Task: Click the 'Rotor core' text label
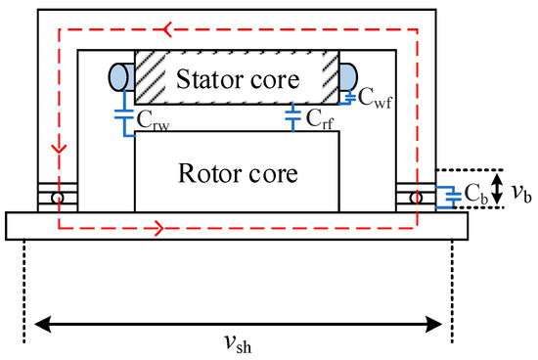(x=237, y=173)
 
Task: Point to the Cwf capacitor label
(x=376, y=96)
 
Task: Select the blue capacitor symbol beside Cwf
(x=351, y=96)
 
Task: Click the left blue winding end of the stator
(x=117, y=74)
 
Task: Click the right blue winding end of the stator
(x=350, y=75)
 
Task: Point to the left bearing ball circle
(x=59, y=197)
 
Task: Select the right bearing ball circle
(x=416, y=197)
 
